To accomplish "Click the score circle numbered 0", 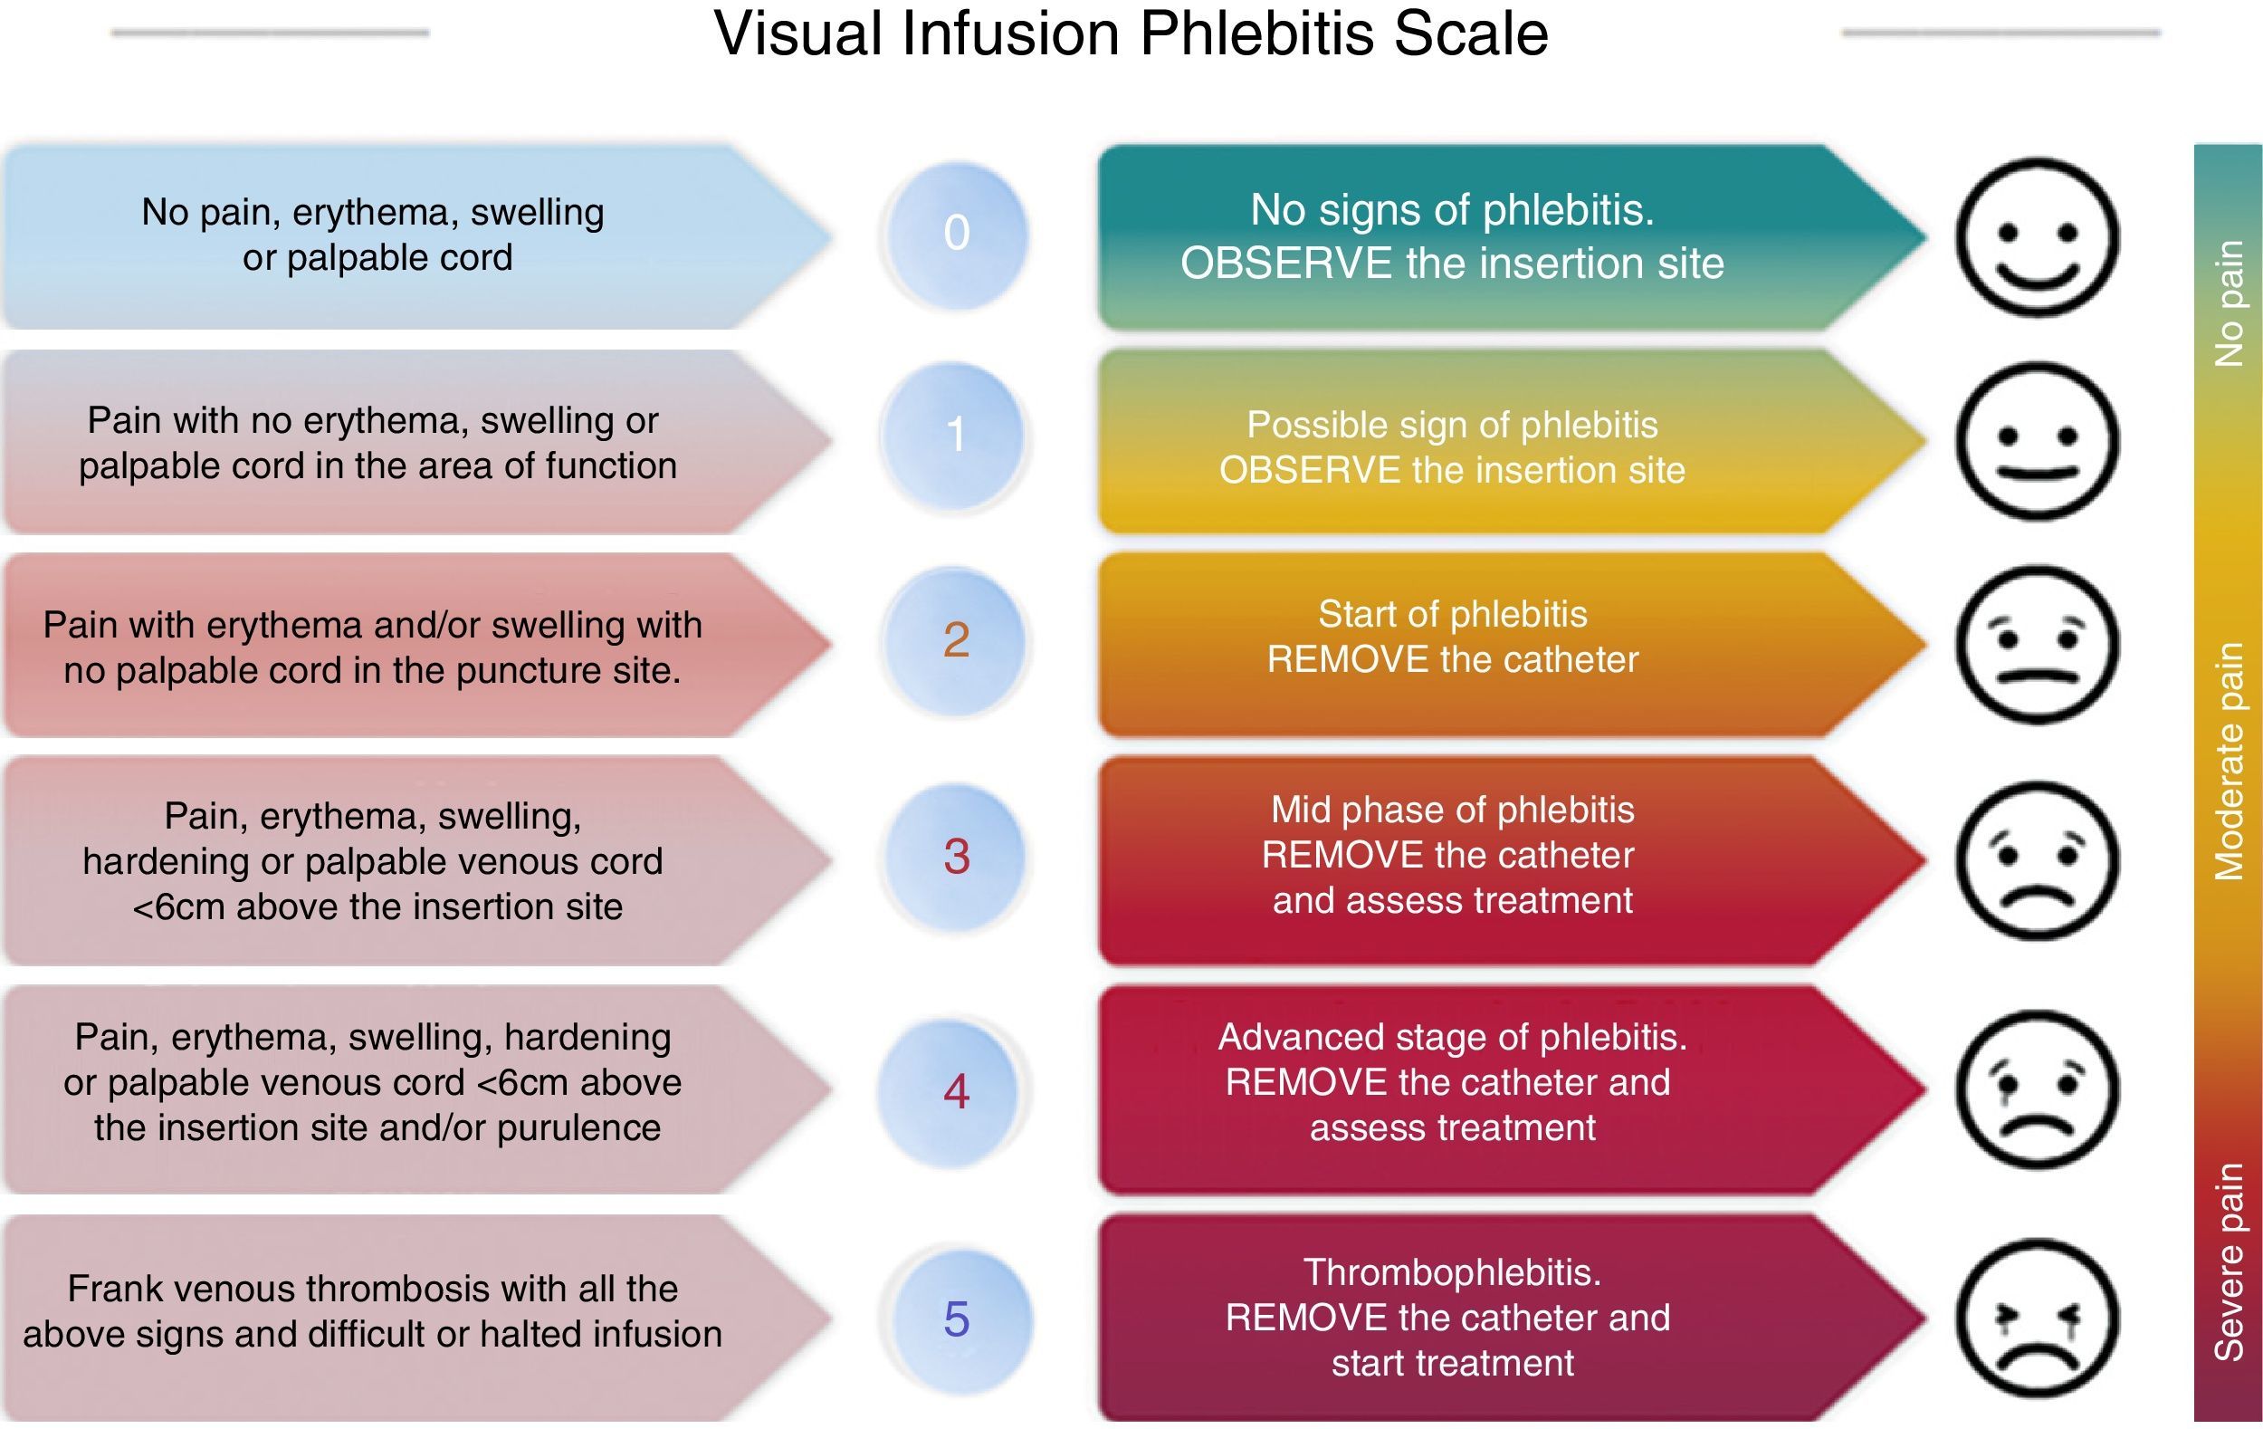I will coord(956,235).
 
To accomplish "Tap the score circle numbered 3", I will coord(956,857).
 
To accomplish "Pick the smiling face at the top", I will coord(2038,236).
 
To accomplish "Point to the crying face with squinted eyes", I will coord(2038,1318).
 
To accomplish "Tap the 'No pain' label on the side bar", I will coord(2229,302).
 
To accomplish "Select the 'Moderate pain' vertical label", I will coord(2229,762).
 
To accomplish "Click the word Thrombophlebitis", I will coord(1452,1272).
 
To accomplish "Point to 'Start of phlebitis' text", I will coord(1452,614).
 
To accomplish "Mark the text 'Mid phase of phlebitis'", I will coord(1452,810).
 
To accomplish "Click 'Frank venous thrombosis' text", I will coord(263,1288).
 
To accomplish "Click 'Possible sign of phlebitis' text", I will coord(1452,425).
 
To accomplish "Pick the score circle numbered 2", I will coord(956,641).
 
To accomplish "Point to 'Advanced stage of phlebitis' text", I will coord(1452,1037).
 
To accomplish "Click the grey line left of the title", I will coord(270,33).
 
